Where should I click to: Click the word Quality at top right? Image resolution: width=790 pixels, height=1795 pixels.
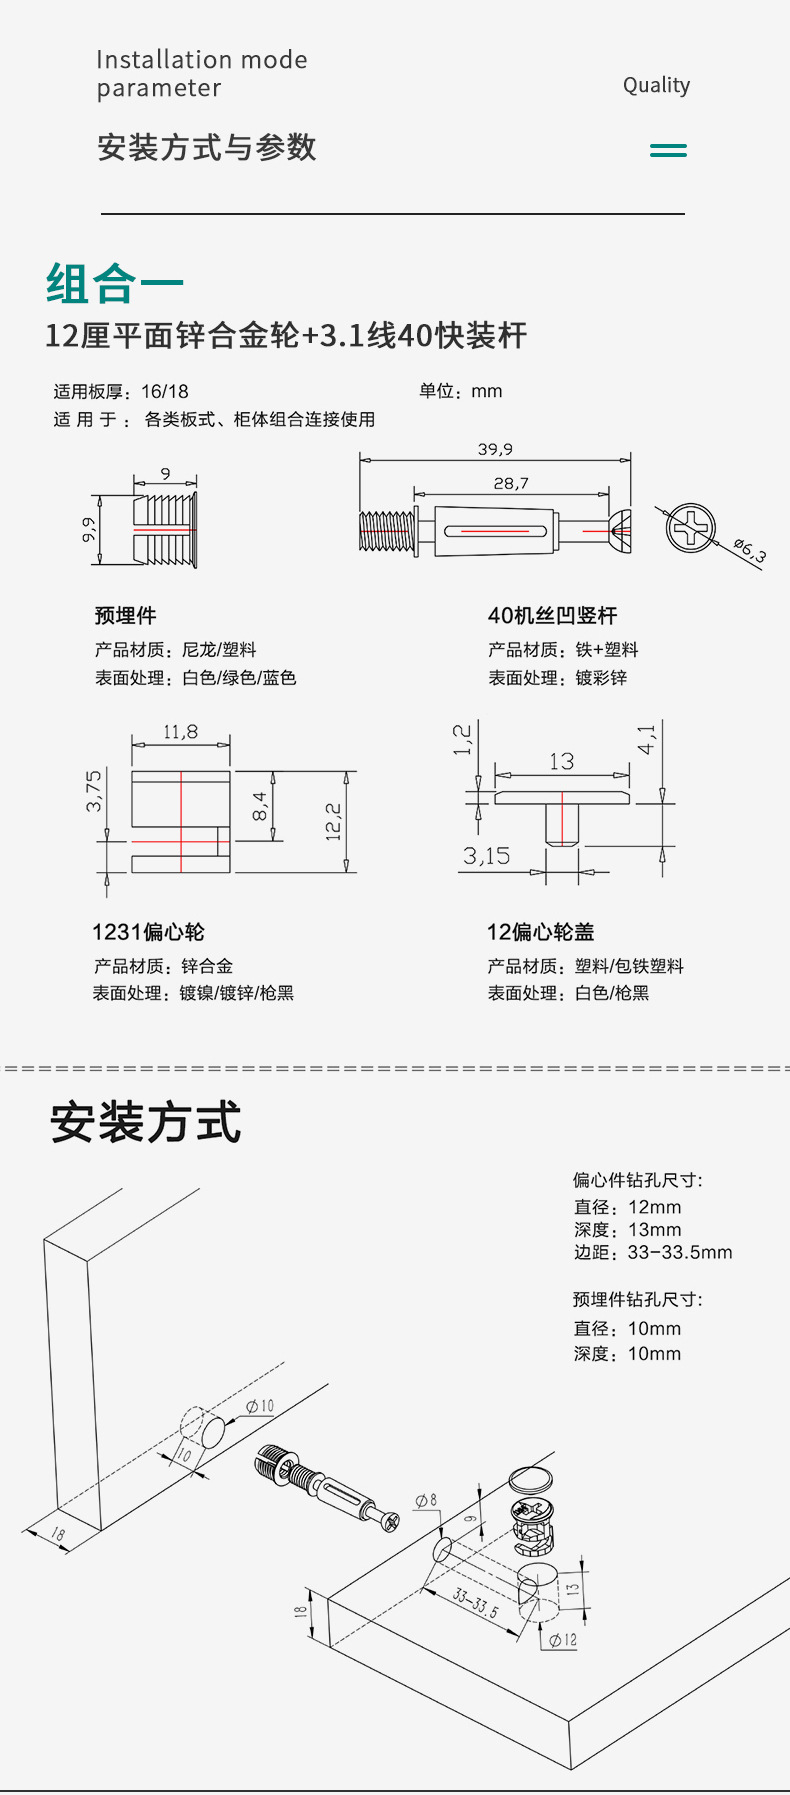[656, 86]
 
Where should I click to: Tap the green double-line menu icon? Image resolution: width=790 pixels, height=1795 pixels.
[668, 150]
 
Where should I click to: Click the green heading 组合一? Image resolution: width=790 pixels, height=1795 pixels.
[114, 283]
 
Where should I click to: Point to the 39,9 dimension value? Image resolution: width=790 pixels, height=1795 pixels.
[495, 449]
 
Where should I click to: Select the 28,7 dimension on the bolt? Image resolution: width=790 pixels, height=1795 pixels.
[511, 483]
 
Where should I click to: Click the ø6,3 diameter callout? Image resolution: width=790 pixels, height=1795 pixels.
[749, 549]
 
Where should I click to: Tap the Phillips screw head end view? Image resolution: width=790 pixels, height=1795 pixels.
[691, 526]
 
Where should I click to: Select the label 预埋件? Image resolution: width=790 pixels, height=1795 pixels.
[126, 616]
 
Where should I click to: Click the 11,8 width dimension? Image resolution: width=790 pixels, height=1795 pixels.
[180, 732]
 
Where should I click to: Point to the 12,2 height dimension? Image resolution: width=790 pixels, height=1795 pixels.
[334, 821]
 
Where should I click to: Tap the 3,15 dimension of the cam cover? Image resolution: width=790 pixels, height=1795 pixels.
[486, 856]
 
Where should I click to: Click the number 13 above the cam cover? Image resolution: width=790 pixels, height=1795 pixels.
[561, 762]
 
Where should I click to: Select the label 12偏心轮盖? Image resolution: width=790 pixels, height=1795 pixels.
[541, 932]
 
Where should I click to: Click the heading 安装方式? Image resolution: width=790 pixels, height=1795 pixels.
[146, 1122]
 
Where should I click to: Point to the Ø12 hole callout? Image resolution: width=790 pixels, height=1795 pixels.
[562, 1640]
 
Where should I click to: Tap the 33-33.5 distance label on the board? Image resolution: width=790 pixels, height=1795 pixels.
[475, 1601]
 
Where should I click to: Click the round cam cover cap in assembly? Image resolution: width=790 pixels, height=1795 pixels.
[531, 1478]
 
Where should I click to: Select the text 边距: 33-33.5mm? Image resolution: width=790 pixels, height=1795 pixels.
[653, 1253]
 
